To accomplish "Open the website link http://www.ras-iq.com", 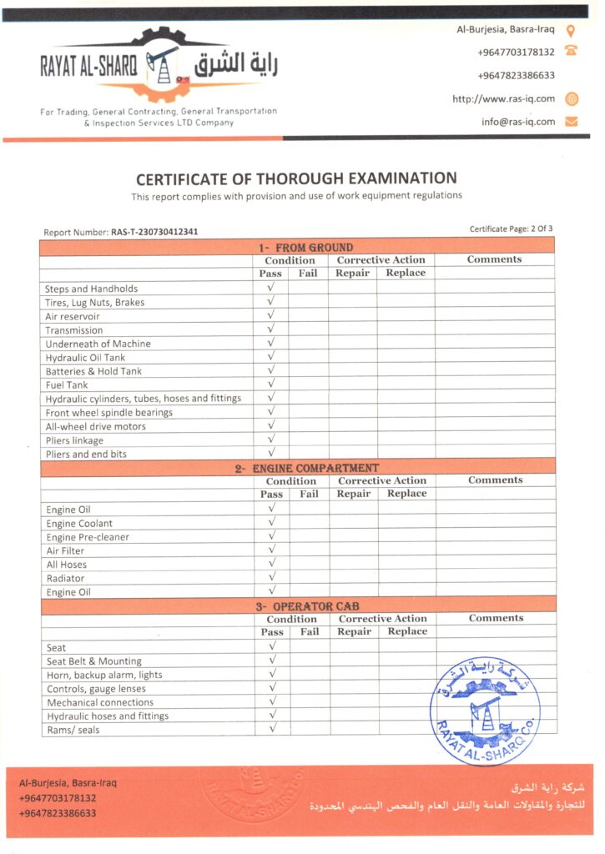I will (503, 98).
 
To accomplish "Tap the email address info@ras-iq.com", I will (517, 121).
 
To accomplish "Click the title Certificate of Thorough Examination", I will (296, 178).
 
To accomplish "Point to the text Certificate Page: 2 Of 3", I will (511, 229).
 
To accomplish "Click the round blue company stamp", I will (485, 711).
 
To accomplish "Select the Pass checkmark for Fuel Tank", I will (271, 384).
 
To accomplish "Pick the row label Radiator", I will (65, 579).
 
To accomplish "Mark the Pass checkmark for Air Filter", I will (271, 550).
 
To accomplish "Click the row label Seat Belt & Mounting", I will (94, 661).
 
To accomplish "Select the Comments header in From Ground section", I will (494, 259).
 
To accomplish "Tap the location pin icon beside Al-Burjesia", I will (572, 30).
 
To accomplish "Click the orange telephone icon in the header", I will (572, 51).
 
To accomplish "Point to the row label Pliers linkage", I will (74, 440).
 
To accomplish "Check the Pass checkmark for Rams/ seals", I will (272, 729).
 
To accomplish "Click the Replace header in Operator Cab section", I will (407, 631).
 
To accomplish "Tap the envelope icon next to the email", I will (572, 121).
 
